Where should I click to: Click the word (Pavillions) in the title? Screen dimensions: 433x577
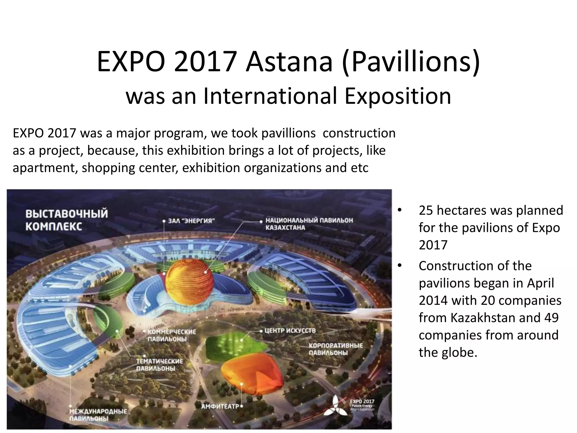[411, 63]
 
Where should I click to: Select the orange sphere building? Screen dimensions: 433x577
[189, 282]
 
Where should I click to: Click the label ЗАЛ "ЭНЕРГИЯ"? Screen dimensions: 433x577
[192, 221]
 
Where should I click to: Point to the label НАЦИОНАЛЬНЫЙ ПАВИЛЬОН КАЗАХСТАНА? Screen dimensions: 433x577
[309, 224]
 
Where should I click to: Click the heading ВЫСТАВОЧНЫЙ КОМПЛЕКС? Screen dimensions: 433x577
[66, 220]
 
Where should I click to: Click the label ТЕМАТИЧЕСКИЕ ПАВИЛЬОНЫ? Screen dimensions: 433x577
[159, 365]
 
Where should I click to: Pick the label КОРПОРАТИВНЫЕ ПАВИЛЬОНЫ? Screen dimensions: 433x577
[336, 349]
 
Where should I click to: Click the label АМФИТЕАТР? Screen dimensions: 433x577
[220, 407]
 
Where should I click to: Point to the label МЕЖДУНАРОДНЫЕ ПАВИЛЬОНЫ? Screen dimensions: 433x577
[98, 415]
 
